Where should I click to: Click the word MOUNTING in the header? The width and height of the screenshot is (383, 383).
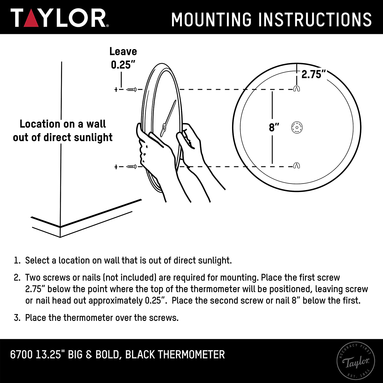(211, 19)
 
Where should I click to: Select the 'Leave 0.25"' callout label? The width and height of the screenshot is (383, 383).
(123, 58)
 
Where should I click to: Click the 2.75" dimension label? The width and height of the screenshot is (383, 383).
(314, 75)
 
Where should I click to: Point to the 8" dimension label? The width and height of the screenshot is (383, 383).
(274, 127)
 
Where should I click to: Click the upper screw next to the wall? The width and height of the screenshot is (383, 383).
(132, 89)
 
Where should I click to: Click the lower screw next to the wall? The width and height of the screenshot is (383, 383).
(132, 167)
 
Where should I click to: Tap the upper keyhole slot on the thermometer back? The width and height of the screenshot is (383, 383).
(296, 89)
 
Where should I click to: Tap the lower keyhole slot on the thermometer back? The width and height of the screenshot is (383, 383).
(296, 166)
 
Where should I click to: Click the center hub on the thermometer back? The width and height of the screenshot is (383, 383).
(297, 127)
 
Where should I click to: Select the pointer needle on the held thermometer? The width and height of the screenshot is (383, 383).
(169, 117)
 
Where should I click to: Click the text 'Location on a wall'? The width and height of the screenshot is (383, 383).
(63, 124)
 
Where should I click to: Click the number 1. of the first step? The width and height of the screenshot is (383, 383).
(17, 261)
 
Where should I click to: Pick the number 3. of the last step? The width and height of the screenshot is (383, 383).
(17, 318)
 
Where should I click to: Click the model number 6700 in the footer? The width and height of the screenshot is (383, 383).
(21, 355)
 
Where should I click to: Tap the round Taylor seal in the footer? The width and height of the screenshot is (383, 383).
(356, 361)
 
